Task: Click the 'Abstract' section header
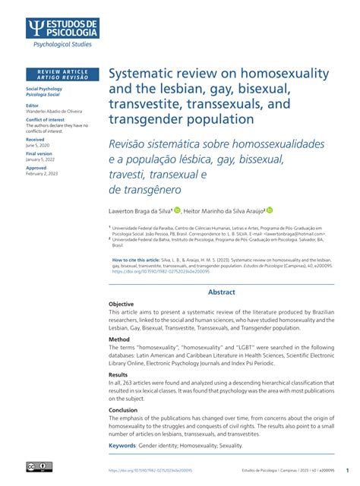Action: point(222,292)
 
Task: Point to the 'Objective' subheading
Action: point(121,304)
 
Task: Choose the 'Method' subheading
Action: point(118,339)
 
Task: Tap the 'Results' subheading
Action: point(118,374)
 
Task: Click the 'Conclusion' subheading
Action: point(123,409)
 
